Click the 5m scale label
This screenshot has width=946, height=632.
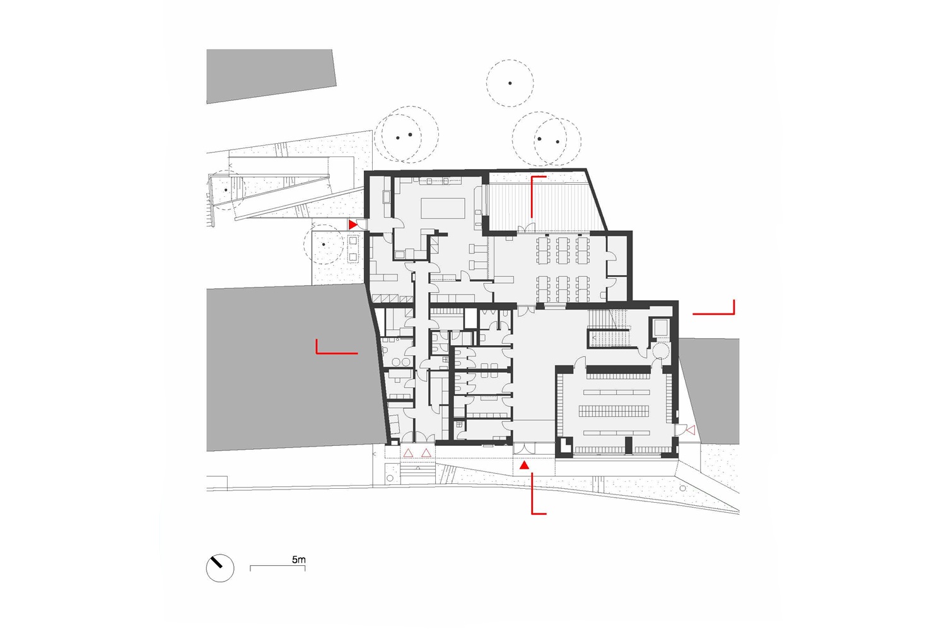click(298, 559)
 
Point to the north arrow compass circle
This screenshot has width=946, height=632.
click(220, 568)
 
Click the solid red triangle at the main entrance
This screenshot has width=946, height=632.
click(524, 465)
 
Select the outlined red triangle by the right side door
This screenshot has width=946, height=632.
click(691, 430)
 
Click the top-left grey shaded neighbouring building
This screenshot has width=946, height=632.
click(271, 75)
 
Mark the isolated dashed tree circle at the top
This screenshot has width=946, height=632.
click(510, 83)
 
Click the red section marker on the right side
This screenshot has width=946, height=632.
click(714, 307)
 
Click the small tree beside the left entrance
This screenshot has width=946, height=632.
click(324, 244)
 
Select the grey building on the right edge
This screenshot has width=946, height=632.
click(709, 390)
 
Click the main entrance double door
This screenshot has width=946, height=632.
click(524, 448)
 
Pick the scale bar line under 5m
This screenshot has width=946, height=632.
click(277, 566)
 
